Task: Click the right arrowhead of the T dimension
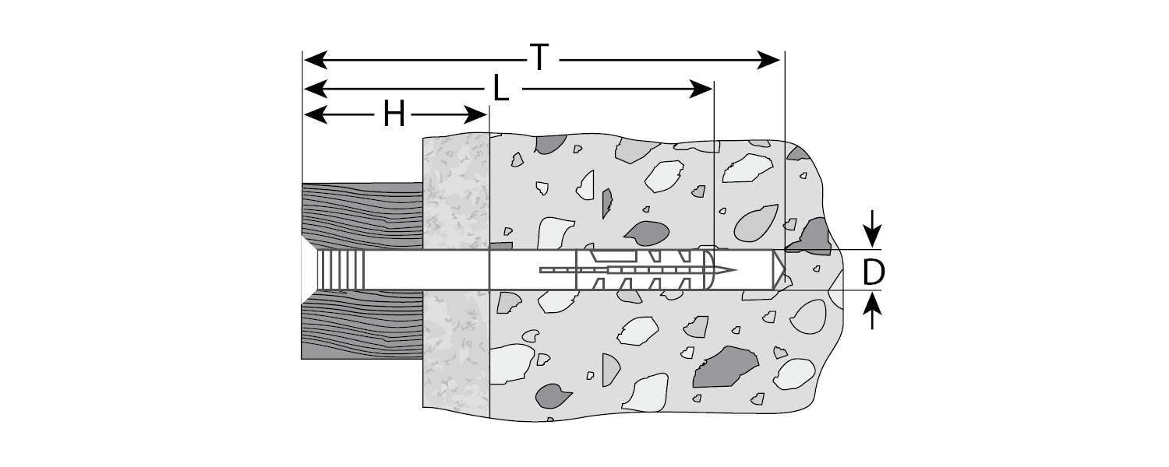coord(771,59)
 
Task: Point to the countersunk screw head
coord(309,270)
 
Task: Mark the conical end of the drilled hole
coord(779,270)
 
